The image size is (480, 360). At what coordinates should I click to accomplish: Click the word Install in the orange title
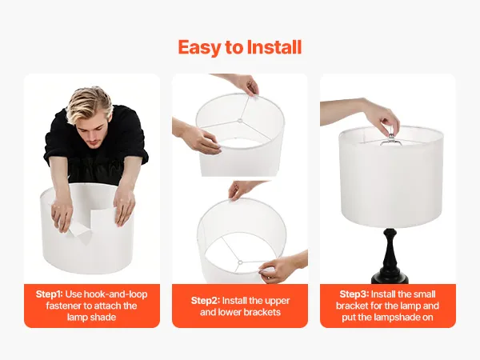point(274,47)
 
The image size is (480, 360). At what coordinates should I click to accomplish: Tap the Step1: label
point(50,294)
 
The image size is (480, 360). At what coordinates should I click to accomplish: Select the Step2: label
point(206,301)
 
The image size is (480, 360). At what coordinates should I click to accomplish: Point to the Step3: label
point(354,294)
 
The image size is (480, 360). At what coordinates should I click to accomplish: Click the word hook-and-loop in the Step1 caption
point(115,294)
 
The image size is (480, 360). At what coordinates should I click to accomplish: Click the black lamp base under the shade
point(390,255)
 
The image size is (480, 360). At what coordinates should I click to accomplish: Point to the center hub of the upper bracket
point(240,120)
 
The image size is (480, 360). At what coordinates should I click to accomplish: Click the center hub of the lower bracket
point(240,262)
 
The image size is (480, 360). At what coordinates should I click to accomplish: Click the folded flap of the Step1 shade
point(81,236)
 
